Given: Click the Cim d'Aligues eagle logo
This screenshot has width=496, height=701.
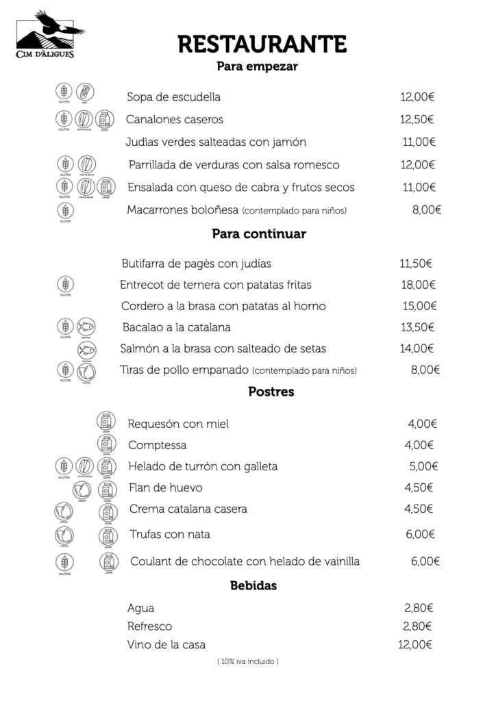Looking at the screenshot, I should (x=46, y=34).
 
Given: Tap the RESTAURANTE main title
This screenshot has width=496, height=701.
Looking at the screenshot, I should (x=262, y=44).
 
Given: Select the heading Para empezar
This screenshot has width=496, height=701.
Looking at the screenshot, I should (x=257, y=66).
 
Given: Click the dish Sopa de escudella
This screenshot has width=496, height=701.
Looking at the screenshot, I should (x=173, y=97).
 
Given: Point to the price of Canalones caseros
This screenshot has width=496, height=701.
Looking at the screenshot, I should (x=417, y=120).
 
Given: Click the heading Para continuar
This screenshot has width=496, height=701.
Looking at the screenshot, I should (x=259, y=234).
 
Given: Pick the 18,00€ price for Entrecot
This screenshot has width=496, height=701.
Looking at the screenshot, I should (x=418, y=285).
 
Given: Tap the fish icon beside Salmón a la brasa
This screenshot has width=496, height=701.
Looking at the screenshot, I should (x=86, y=349).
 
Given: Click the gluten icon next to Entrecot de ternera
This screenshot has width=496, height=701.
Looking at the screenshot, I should (x=65, y=284).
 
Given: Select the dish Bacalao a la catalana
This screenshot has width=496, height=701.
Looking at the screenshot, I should (x=177, y=327).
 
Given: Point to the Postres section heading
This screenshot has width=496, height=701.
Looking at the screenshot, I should (x=271, y=392).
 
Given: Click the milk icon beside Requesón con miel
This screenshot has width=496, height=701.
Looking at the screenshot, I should (x=106, y=422).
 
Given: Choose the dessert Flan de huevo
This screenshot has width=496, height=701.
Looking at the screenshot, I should (x=165, y=488).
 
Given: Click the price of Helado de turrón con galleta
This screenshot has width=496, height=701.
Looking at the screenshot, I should (x=423, y=467).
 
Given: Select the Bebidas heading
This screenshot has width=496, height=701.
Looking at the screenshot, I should (x=253, y=586).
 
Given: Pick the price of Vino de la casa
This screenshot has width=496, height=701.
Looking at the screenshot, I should (x=415, y=644).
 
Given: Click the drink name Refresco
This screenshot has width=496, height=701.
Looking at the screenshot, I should (x=149, y=626).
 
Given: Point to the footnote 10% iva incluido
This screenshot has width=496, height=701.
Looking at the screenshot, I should (x=247, y=661).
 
